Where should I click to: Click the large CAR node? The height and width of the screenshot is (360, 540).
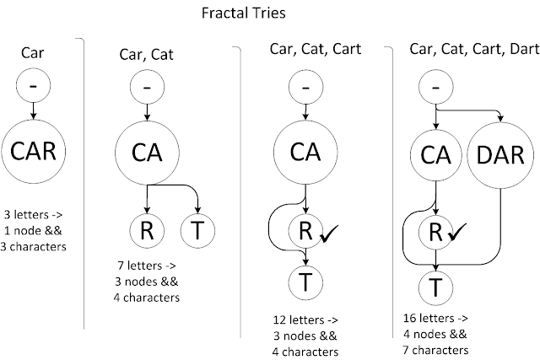click(x=33, y=154)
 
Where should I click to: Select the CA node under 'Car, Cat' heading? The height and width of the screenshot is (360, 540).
click(x=147, y=154)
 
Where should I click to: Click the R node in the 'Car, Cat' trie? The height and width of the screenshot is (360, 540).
click(x=146, y=230)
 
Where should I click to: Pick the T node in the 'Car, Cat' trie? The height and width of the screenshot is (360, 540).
click(x=197, y=230)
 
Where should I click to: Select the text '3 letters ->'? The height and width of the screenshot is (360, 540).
click(x=34, y=215)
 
